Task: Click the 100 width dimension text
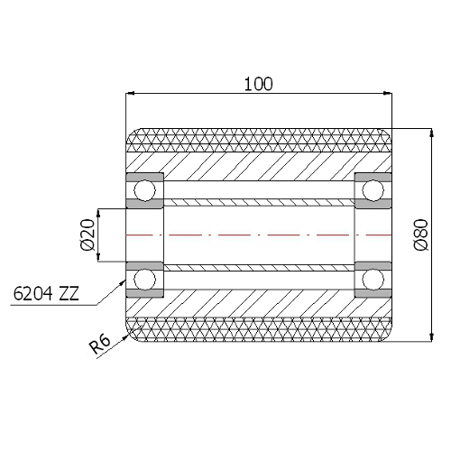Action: (x=259, y=84)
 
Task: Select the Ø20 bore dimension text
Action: (x=87, y=235)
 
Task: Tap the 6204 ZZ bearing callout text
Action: (x=45, y=294)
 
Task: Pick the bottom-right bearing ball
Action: (x=373, y=281)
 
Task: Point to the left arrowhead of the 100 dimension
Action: (x=130, y=93)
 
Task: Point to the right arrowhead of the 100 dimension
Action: (x=389, y=93)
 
